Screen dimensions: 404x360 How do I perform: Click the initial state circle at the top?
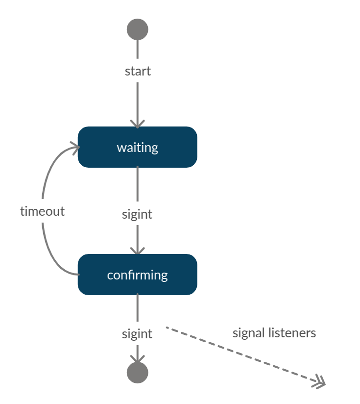point(137,29)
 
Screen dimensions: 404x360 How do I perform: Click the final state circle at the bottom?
point(137,373)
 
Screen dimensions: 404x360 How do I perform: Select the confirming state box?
point(181,275)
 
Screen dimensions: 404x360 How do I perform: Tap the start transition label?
point(138,71)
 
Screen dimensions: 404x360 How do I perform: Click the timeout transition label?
point(42,211)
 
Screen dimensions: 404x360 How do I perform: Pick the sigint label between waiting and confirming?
point(137,214)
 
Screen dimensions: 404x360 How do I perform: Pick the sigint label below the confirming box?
point(137,334)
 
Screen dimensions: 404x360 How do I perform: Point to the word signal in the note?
point(249,333)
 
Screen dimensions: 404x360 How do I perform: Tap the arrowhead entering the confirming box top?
point(137,250)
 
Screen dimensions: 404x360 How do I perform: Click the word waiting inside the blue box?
point(137,147)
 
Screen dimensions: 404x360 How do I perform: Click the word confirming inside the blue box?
point(137,275)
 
